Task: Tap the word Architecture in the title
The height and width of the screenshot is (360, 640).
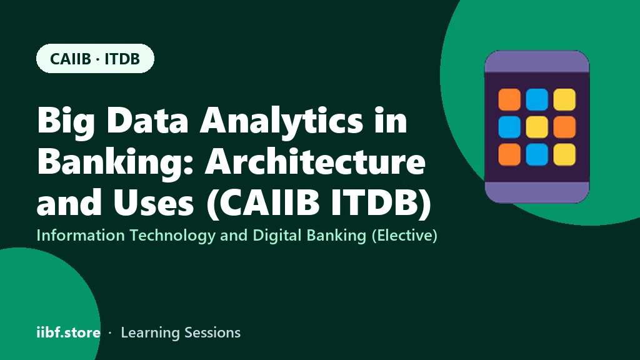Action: (315, 162)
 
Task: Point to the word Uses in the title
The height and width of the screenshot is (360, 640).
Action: (154, 202)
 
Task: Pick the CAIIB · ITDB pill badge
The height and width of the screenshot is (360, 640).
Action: (95, 58)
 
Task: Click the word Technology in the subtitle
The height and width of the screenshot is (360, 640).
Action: (172, 236)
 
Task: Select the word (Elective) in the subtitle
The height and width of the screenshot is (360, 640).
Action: (404, 236)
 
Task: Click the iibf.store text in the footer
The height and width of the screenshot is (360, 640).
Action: (69, 332)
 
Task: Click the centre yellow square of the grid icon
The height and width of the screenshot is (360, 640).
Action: (537, 127)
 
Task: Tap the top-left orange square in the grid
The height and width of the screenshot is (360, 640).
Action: (509, 99)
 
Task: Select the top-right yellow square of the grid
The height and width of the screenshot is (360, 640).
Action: (564, 99)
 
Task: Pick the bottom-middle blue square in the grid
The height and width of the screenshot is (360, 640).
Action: (537, 154)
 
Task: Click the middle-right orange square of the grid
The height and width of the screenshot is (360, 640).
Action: (564, 127)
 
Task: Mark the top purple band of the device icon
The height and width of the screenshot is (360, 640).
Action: (537, 61)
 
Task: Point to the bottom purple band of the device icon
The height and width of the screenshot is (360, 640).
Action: (537, 192)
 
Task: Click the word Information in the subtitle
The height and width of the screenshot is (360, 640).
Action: (81, 236)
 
